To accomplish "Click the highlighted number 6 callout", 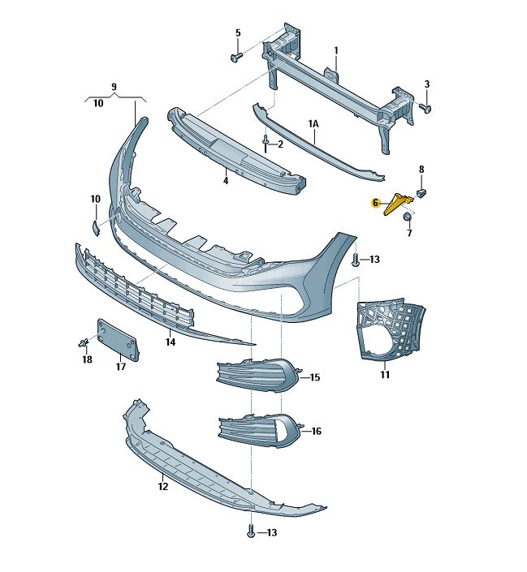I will pos(376,203).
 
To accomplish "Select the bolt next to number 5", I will pos(235,58).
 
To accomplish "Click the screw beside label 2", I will pos(266,144).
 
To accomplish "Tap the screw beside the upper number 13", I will pos(356,260).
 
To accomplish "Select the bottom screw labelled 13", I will pos(251,532).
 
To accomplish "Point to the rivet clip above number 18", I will pos(83,343).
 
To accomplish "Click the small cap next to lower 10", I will pos(93,227).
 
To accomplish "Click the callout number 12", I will pos(162,487).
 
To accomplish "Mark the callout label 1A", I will pos(313,123).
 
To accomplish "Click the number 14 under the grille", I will pos(171,343).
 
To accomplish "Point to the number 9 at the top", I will pos(114,87).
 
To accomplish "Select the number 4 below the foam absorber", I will pos(226,180).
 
